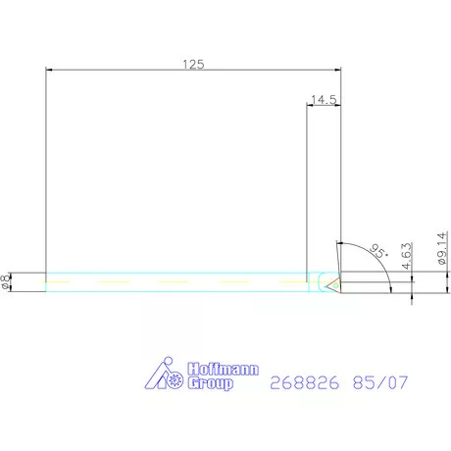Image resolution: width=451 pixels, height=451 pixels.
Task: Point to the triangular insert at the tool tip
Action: pyautogui.click(x=333, y=282)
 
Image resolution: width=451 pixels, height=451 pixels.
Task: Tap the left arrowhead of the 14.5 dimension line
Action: pyautogui.click(x=311, y=106)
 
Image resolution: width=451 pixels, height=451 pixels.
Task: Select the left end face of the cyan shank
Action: pyautogui.click(x=46, y=281)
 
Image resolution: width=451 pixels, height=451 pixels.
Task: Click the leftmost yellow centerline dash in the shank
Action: pyautogui.click(x=60, y=281)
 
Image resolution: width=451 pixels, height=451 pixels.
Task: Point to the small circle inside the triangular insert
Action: pyautogui.click(x=338, y=282)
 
